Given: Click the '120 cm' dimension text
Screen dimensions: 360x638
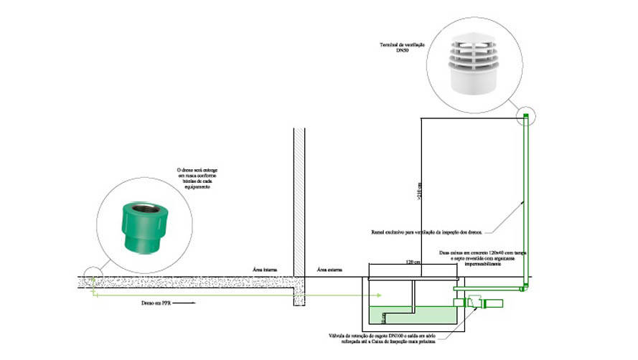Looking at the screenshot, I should [x=413, y=263].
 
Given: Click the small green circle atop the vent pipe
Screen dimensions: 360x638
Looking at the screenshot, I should [x=526, y=117].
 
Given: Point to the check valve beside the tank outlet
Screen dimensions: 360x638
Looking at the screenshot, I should [x=474, y=303].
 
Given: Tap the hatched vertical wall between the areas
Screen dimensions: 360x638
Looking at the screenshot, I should [x=299, y=215].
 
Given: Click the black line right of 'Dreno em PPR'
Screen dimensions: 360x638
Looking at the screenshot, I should [x=185, y=303].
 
